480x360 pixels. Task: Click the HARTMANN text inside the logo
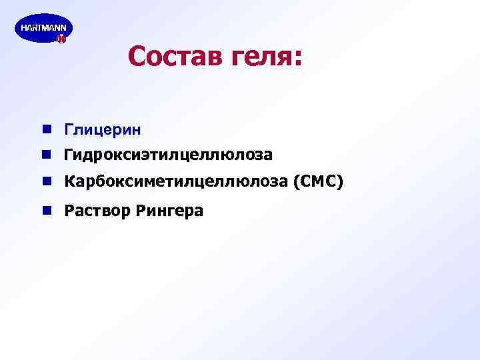(x=43, y=27)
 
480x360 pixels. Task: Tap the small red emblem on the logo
(x=61, y=40)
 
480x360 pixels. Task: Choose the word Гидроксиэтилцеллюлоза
(x=168, y=155)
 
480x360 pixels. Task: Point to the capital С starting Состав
(x=137, y=57)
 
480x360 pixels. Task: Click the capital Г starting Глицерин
(x=68, y=128)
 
